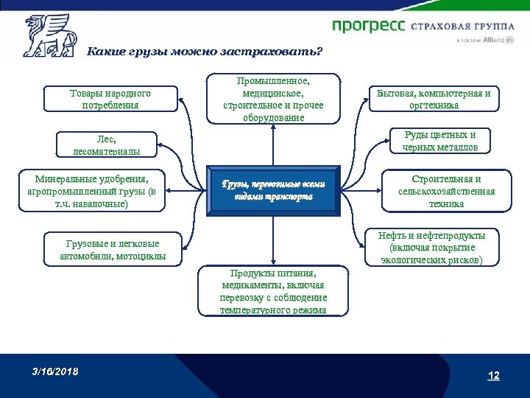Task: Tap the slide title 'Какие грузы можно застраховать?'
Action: pos(205,52)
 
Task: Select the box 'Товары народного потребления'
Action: pos(110,99)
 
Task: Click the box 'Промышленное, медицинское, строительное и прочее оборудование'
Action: pos(273,99)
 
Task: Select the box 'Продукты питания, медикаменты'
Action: pos(273,290)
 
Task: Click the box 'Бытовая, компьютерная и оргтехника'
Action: pos(434,99)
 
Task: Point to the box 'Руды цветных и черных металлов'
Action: pos(440,141)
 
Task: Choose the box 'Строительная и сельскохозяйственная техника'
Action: pos(446,191)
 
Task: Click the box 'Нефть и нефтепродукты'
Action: pos(431,248)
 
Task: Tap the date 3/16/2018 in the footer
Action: pos(54,371)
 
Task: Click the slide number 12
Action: pos(493,376)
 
